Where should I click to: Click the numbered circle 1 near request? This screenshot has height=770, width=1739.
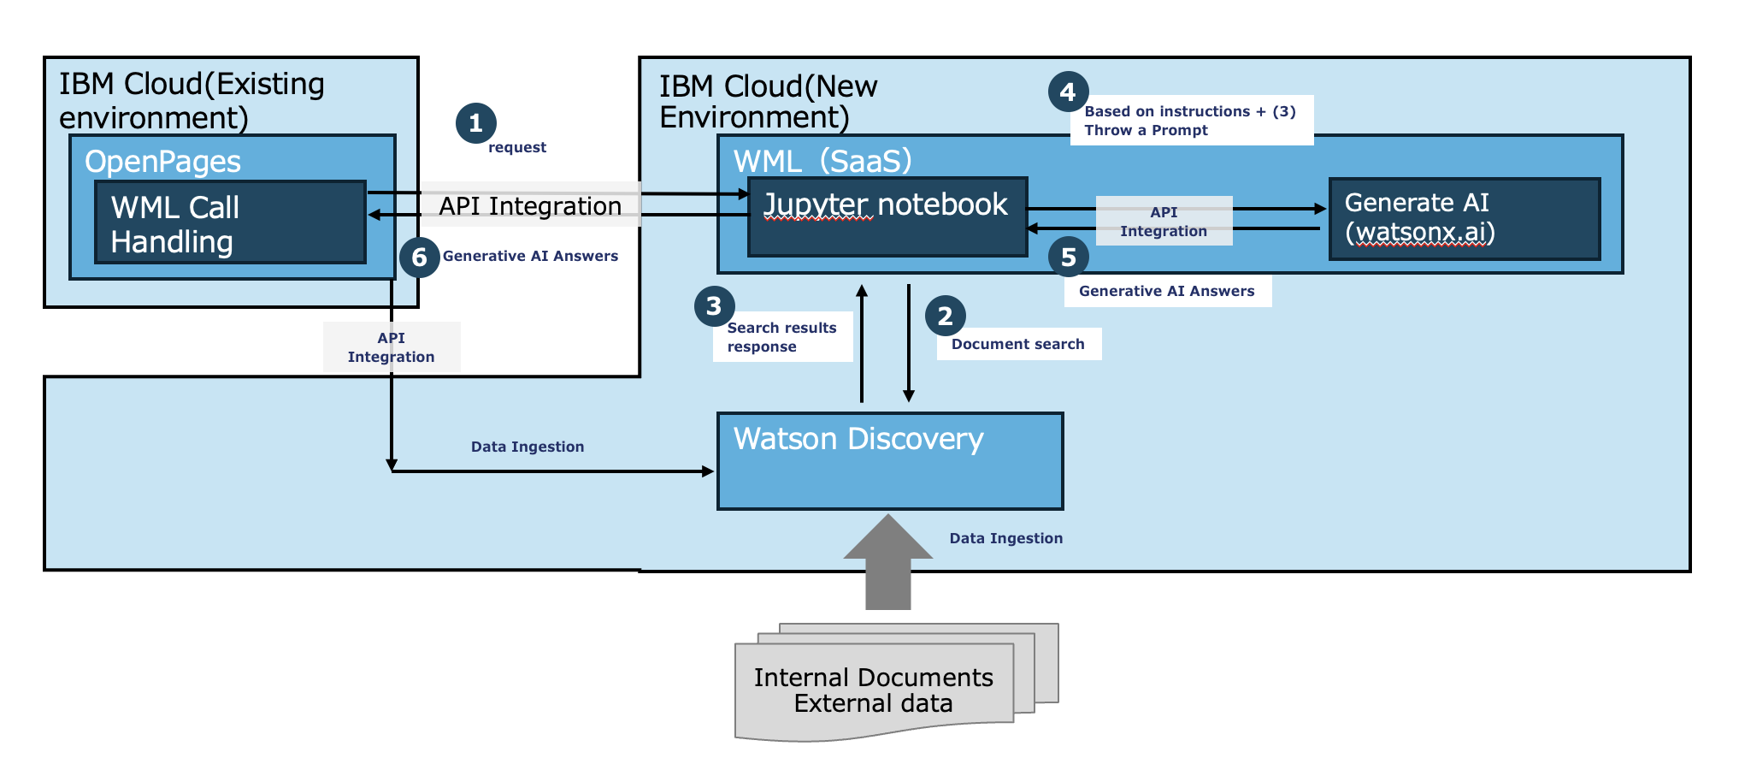pyautogui.click(x=475, y=123)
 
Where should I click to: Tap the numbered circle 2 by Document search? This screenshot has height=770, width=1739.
pyautogui.click(x=945, y=317)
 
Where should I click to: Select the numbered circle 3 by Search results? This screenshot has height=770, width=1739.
pyautogui.click(x=714, y=306)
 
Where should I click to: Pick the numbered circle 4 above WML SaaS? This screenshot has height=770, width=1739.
pyautogui.click(x=1068, y=92)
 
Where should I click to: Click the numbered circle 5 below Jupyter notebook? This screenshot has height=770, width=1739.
pyautogui.click(x=1068, y=257)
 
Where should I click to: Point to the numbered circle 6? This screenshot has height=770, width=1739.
pyautogui.click(x=419, y=257)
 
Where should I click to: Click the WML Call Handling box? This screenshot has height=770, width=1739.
pyautogui.click(x=230, y=222)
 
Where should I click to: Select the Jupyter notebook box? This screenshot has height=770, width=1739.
pyautogui.click(x=887, y=216)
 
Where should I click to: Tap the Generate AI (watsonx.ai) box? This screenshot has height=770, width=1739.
pyautogui.click(x=1464, y=218)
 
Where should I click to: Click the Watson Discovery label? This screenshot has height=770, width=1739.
pyautogui.click(x=858, y=439)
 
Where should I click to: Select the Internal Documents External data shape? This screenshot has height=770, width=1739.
pyautogui.click(x=874, y=690)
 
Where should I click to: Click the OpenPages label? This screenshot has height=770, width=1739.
pyautogui.click(x=162, y=162)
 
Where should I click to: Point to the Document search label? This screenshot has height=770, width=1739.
pyautogui.click(x=1017, y=344)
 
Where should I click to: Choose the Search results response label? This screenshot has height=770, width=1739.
pyautogui.click(x=781, y=337)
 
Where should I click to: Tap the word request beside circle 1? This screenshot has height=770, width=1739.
pyautogui.click(x=516, y=147)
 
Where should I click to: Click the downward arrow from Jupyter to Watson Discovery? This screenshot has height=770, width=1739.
pyautogui.click(x=909, y=342)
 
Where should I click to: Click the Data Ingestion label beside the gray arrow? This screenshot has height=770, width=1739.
pyautogui.click(x=1005, y=538)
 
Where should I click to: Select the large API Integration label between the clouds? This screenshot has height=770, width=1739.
pyautogui.click(x=530, y=206)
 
